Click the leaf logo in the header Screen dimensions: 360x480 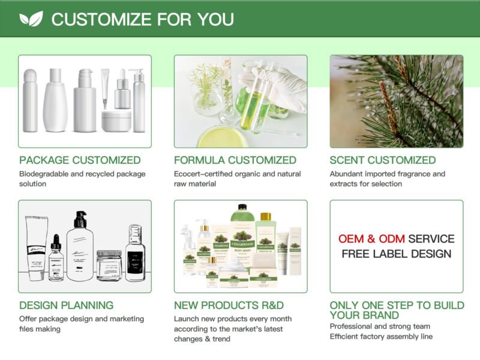(31, 19)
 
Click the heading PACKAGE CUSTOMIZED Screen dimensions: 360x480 (80, 160)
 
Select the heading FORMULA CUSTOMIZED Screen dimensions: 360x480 (235, 160)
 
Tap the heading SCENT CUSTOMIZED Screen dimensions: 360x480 (383, 160)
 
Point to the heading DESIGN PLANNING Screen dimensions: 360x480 (66, 305)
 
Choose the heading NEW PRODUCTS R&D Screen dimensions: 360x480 (229, 305)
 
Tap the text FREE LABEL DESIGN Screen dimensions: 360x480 (397, 254)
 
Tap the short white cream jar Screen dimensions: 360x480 (116, 121)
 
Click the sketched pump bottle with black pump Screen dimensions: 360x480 (80, 246)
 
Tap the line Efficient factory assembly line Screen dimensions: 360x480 (381, 337)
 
